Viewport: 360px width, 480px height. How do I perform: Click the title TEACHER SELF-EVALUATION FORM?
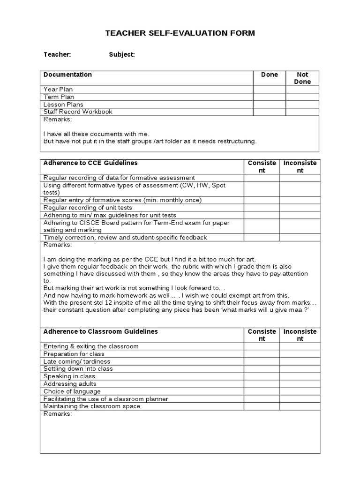click(x=180, y=33)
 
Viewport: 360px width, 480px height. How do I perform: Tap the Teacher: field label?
click(x=57, y=55)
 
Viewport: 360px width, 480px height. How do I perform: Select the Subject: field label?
click(x=122, y=55)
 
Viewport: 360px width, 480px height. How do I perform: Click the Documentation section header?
click(x=67, y=75)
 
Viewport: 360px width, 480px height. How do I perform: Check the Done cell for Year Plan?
click(x=269, y=90)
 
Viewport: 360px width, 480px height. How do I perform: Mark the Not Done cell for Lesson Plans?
click(x=302, y=105)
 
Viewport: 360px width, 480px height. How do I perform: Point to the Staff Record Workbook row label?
click(x=78, y=112)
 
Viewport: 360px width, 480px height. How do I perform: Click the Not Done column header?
click(x=302, y=78)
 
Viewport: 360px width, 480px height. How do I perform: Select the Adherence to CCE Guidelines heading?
click(x=90, y=163)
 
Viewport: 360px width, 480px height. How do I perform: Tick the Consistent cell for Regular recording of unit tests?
click(x=262, y=208)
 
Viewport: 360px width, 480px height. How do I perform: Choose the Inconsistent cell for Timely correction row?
click(x=300, y=238)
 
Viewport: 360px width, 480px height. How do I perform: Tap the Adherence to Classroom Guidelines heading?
click(x=101, y=331)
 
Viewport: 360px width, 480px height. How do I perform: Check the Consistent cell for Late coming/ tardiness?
click(x=262, y=361)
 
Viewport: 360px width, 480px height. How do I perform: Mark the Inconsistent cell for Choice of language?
click(x=300, y=391)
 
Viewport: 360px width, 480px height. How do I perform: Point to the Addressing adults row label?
click(x=70, y=384)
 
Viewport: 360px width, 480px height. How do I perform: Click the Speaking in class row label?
click(x=69, y=376)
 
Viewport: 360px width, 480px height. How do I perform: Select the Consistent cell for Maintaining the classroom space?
click(x=262, y=406)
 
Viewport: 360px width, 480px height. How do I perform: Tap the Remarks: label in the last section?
click(x=58, y=414)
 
